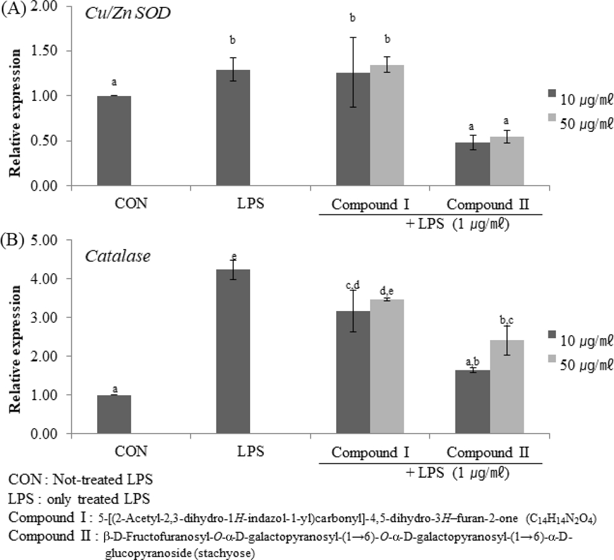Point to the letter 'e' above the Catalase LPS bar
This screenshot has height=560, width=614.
tap(233, 256)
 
